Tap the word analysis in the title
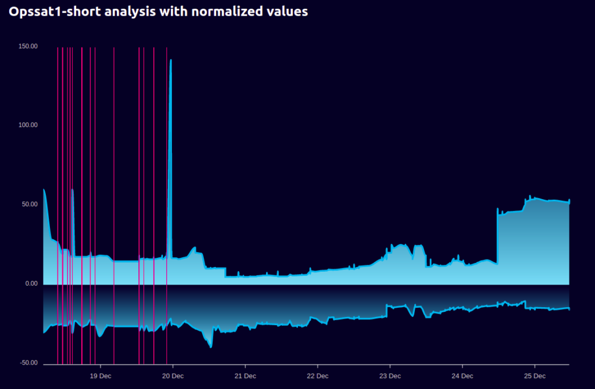coord(122,11)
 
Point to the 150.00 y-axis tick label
coord(28,46)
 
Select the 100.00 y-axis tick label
coord(28,125)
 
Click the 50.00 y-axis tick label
coord(30,204)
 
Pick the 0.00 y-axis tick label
coord(31,284)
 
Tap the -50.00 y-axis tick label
coord(28,363)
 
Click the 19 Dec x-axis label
coord(101,376)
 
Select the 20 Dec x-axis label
coord(173,376)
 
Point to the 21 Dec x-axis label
coord(245,376)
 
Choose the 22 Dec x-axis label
coord(317,376)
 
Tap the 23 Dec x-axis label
coord(390,376)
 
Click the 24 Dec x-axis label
coord(462,376)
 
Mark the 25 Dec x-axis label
coord(535,376)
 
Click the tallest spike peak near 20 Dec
coord(170,60)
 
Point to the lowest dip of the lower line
coord(211,347)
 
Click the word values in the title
coord(287,11)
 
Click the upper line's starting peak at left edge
coord(44,190)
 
